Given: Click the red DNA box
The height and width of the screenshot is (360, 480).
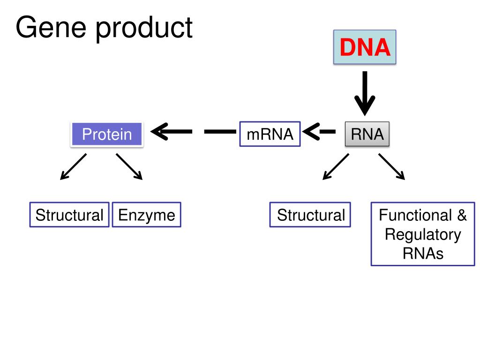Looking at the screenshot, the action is click(x=365, y=47).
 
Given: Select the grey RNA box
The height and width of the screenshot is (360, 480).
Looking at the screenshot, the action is click(x=367, y=134).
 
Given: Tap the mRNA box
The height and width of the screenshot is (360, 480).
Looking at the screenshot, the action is click(x=270, y=134).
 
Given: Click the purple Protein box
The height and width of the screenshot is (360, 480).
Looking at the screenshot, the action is click(x=107, y=134).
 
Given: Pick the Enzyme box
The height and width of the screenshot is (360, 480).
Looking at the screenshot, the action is click(x=147, y=215).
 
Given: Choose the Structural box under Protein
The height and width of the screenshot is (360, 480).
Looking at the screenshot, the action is click(x=69, y=215).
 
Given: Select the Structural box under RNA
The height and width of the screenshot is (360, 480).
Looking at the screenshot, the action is click(x=310, y=215).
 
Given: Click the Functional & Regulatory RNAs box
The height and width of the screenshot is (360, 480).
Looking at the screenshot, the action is click(x=423, y=234).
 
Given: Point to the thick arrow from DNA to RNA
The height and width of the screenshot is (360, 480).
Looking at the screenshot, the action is click(x=365, y=93).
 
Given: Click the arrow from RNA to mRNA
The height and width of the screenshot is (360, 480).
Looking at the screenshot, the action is click(x=319, y=132).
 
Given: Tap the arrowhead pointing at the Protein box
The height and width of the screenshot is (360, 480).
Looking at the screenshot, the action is click(x=160, y=132).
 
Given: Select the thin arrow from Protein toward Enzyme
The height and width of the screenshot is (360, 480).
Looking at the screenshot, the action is click(x=129, y=166).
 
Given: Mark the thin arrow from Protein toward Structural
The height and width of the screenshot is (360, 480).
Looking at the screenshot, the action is click(x=74, y=166).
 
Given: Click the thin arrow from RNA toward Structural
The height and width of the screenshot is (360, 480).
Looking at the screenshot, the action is click(x=336, y=166).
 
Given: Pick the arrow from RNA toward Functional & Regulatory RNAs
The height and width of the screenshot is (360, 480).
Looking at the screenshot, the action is click(x=392, y=166).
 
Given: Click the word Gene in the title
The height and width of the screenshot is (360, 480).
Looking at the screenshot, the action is click(x=51, y=28).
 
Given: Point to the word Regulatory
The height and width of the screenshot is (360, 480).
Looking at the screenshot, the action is click(x=423, y=235).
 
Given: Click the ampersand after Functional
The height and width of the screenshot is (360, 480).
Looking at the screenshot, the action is click(x=462, y=215).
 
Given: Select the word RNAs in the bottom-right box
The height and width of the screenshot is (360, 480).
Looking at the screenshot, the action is click(x=423, y=254).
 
